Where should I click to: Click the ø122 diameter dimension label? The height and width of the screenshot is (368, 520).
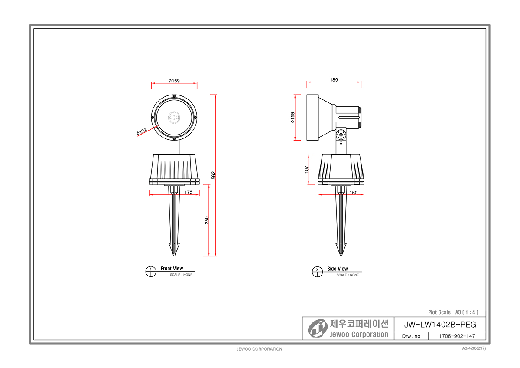[141, 131]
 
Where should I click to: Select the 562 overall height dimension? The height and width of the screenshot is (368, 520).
[213, 175]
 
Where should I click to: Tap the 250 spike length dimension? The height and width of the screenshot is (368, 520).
[207, 220]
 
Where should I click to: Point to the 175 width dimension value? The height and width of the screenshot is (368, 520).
[188, 192]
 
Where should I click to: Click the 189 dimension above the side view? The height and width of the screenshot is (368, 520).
[334, 80]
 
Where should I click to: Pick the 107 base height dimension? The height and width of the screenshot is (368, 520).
[306, 170]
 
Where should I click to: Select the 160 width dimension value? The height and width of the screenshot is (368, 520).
[354, 193]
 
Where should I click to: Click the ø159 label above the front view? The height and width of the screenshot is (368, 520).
[174, 81]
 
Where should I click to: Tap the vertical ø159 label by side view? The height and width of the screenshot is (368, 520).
[292, 118]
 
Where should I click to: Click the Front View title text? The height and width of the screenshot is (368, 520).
[172, 269]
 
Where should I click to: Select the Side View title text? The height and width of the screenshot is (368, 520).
[338, 269]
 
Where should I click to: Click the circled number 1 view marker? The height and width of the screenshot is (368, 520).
[151, 272]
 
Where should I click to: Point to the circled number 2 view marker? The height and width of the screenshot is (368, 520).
[317, 272]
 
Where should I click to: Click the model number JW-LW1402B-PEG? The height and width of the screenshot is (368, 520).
[440, 325]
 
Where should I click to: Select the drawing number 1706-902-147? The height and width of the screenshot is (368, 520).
[457, 336]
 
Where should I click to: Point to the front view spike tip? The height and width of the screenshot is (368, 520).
[174, 256]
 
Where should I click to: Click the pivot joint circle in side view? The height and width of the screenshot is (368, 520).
[341, 135]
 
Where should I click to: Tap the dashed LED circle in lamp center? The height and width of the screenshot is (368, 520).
[174, 118]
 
